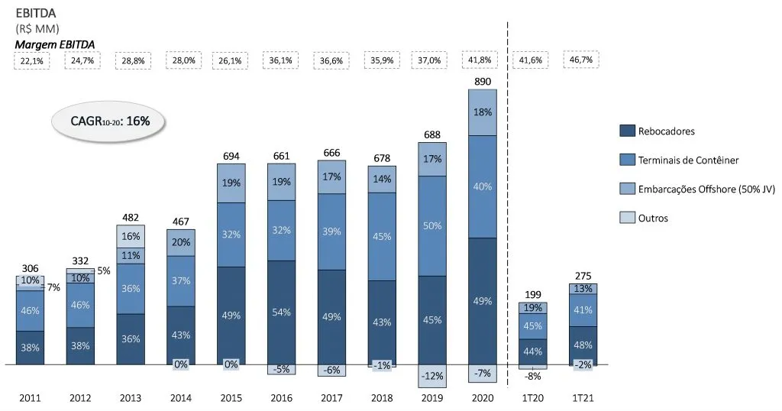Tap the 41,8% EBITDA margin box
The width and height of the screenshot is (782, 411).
(481, 60)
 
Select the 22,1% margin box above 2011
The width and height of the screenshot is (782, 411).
(31, 60)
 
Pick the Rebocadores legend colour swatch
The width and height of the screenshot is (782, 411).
(626, 131)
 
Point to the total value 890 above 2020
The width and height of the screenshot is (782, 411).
(481, 81)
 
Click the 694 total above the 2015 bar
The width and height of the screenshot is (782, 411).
(231, 156)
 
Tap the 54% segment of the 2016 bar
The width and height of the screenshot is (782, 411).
(281, 312)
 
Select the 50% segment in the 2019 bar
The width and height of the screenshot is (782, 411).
(431, 225)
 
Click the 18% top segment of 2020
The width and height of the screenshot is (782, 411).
(482, 112)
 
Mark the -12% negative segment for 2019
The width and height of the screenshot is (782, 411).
(431, 375)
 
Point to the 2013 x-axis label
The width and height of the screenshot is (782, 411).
(131, 399)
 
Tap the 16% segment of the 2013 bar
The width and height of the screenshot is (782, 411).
(131, 236)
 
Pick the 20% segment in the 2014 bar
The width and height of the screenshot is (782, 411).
(181, 242)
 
